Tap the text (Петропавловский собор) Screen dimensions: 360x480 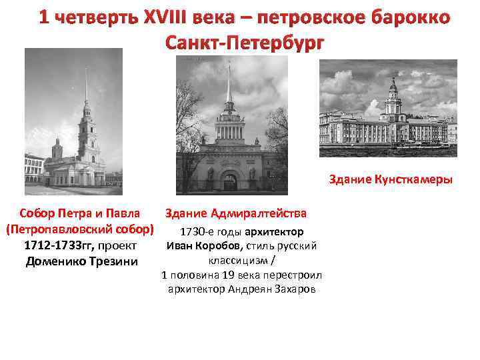[79, 229]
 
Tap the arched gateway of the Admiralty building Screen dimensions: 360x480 [229, 181]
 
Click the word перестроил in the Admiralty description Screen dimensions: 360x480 [279, 275]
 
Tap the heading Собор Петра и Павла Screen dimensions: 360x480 [80, 213]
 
